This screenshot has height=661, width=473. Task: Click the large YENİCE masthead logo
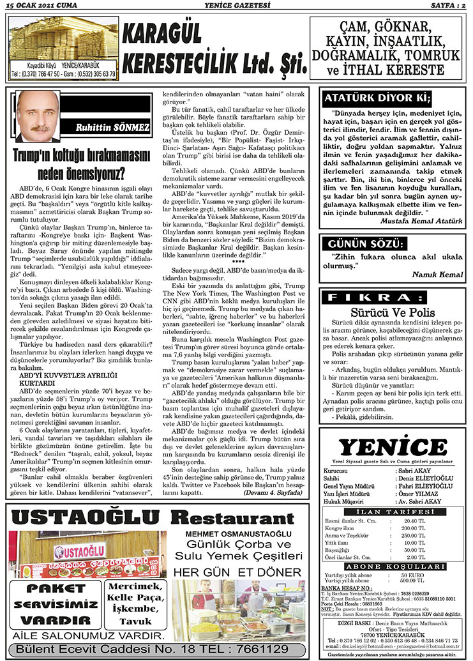click(393, 447)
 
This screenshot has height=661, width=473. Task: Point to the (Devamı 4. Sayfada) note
click(275, 494)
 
